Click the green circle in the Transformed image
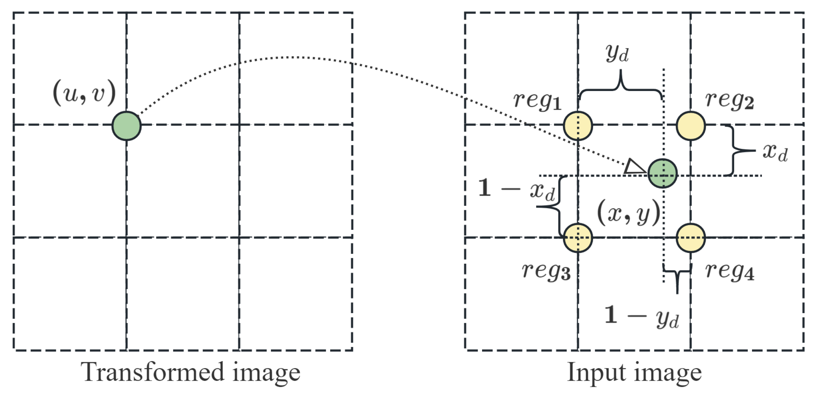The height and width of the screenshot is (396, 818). pos(127,126)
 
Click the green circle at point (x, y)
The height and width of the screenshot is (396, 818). pos(662,173)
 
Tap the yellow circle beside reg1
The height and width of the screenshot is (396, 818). pos(578,126)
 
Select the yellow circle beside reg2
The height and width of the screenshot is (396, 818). pos(690,126)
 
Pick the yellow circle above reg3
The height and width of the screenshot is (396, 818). pos(578,238)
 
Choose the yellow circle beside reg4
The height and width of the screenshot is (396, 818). pos(690,238)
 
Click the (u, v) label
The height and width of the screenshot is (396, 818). pos(84,93)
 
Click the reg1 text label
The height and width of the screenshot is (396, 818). pos(537,101)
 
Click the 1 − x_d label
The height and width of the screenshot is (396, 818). pos(516,190)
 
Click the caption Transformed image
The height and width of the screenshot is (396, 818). pos(190,372)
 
